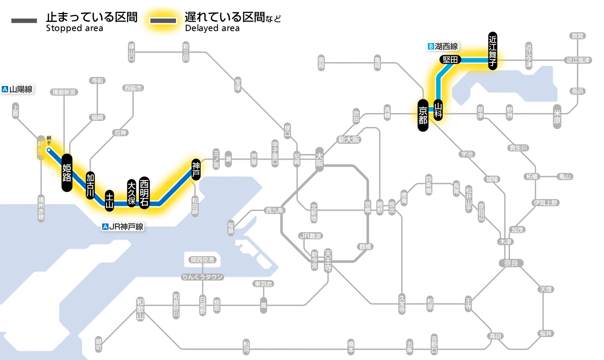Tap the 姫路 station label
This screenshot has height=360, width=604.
[x=67, y=172]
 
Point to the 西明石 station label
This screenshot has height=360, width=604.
[x=144, y=193]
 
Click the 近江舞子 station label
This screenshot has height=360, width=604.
[x=493, y=51]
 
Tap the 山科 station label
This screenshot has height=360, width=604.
[x=438, y=110]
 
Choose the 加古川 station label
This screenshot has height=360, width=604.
[x=90, y=185]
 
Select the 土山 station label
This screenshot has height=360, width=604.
[x=110, y=200]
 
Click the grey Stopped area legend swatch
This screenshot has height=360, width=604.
[x=24, y=21]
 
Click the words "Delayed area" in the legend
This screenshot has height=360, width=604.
[x=212, y=28]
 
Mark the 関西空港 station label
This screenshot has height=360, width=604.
[x=202, y=260]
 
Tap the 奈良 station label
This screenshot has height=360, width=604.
[x=510, y=263]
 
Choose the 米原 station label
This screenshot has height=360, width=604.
[x=557, y=117]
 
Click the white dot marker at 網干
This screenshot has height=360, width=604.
[x=49, y=150]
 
